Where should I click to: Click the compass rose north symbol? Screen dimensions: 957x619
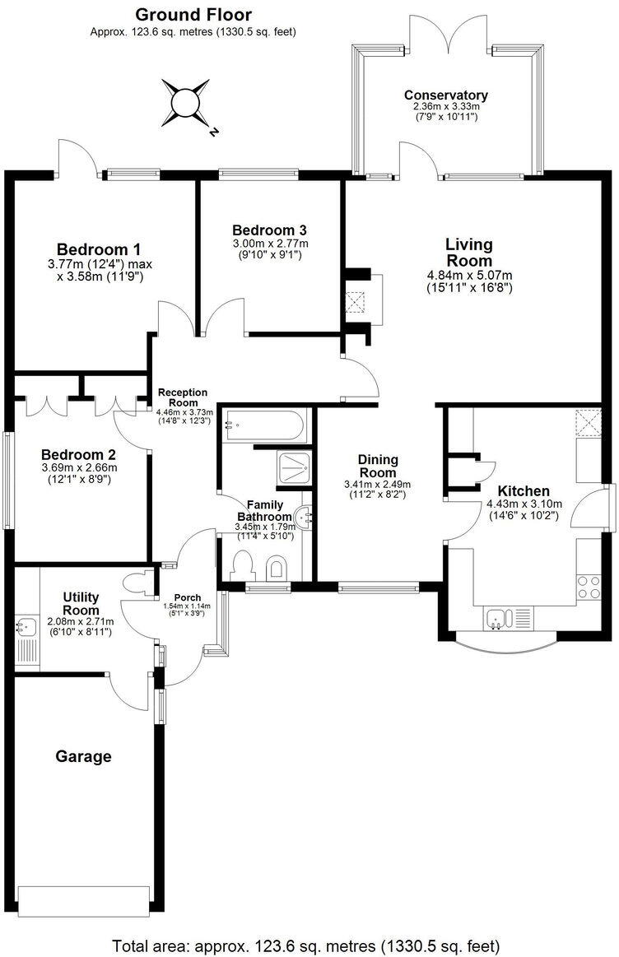(185, 102)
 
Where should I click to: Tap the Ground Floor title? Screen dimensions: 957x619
(193, 14)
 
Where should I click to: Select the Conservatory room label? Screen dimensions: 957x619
(445, 95)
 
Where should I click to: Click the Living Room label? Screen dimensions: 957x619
(469, 252)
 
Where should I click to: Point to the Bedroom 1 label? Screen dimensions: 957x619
(99, 249)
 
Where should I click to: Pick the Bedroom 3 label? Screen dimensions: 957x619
(270, 230)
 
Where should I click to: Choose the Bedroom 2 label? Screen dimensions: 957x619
(79, 454)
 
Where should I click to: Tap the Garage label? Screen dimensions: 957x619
(83, 756)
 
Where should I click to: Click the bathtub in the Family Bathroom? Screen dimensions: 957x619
(265, 426)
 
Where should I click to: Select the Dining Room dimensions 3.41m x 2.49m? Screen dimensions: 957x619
(378, 485)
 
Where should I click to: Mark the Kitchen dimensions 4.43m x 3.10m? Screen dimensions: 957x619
(524, 504)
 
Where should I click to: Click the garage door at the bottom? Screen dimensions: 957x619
(84, 901)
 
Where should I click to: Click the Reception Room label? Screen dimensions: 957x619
(183, 397)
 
